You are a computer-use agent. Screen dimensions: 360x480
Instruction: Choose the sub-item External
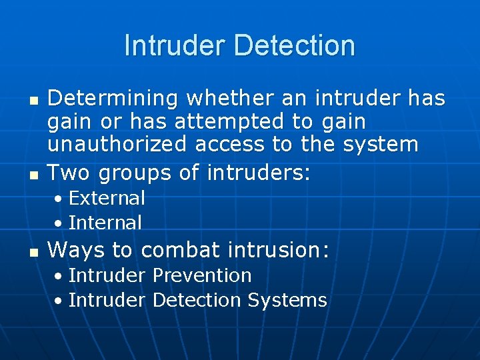pyautogui.click(x=107, y=198)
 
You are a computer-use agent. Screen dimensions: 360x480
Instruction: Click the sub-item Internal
pyautogui.click(x=105, y=223)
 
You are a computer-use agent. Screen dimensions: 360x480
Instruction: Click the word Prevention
pyautogui.click(x=202, y=275)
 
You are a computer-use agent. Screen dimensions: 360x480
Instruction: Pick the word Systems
pyautogui.click(x=287, y=301)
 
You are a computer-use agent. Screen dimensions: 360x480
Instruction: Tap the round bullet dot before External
pyautogui.click(x=59, y=199)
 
